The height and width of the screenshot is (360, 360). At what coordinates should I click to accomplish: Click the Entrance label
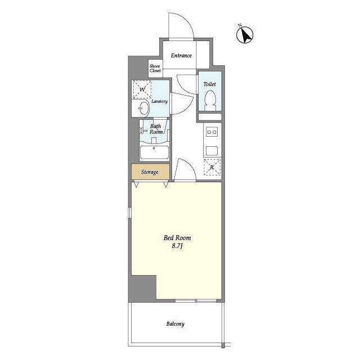181,55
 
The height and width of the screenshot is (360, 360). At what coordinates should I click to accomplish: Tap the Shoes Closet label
155,69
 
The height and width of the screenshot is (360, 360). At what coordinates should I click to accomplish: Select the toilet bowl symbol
210,100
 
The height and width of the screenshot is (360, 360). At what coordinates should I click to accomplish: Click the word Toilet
209,84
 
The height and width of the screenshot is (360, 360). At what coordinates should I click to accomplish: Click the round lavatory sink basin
143,108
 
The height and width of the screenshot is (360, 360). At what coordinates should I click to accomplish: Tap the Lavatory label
159,101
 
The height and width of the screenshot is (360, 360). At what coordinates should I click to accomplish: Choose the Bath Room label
156,129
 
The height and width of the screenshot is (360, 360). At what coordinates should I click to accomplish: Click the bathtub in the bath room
154,151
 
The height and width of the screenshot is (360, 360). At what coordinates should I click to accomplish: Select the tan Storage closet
150,172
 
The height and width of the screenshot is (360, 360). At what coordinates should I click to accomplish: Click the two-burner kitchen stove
211,132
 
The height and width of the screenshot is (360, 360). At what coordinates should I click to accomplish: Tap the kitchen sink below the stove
211,151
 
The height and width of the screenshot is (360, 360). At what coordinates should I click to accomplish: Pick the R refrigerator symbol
212,167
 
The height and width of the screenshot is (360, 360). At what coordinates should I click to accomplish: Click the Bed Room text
177,238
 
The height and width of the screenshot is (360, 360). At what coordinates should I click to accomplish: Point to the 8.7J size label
177,246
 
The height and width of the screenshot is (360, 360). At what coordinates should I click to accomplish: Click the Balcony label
175,324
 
